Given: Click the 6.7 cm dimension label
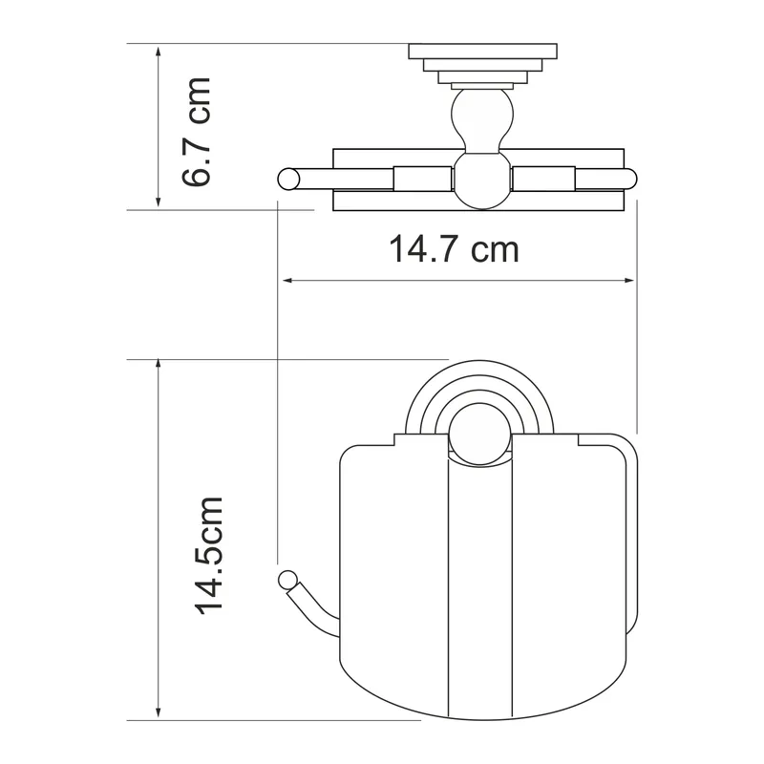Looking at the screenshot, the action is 197,132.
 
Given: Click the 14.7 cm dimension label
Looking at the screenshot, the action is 455,249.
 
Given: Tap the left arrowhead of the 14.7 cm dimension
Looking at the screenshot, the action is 287,280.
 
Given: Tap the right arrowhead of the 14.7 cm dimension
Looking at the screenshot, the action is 629,280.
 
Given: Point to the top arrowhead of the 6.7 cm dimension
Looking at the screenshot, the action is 158,52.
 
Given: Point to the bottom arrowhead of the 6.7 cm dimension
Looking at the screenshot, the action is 158,202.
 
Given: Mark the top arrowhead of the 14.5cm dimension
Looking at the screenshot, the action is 158,365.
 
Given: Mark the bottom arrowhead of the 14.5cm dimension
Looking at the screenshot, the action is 158,714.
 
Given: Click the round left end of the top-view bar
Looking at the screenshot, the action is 288,179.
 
